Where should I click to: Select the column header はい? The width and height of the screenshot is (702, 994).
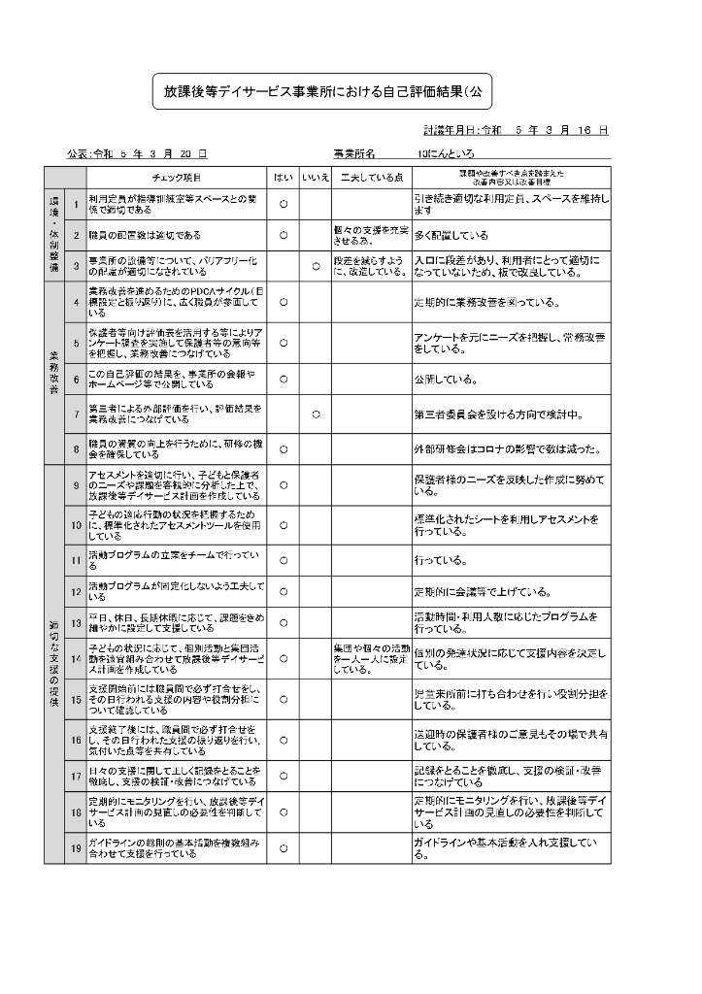click(x=284, y=178)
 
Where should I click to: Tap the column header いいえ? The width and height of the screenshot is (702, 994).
click(x=316, y=178)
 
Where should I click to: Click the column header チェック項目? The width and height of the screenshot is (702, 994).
click(x=178, y=178)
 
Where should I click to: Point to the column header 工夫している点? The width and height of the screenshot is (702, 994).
click(x=370, y=178)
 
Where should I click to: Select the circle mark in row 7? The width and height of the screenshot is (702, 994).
click(x=316, y=414)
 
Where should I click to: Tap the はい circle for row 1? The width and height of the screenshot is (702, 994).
click(x=284, y=205)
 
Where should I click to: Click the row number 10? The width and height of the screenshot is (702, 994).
click(x=75, y=525)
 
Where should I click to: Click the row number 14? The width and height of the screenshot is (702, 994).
click(x=75, y=658)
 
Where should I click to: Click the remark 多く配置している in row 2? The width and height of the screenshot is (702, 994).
click(x=451, y=235)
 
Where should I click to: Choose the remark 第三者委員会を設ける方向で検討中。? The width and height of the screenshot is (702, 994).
click(x=497, y=414)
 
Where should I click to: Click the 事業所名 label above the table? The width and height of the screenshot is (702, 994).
click(x=354, y=154)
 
